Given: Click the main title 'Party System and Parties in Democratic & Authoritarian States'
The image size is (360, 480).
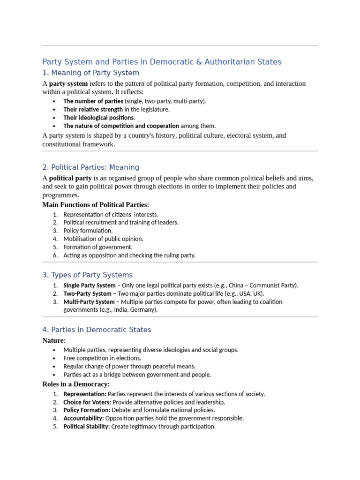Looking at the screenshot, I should click(x=162, y=62).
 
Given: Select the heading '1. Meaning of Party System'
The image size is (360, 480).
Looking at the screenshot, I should click(x=90, y=73).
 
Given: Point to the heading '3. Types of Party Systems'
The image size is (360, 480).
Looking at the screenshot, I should click(x=87, y=275).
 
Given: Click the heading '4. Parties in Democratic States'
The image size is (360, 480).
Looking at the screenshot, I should click(x=97, y=330).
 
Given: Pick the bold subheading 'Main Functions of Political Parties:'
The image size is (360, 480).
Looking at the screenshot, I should click(x=96, y=205).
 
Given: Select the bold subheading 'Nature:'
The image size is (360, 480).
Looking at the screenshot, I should click(x=54, y=340).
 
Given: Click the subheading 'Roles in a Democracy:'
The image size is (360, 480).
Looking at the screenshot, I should click(x=76, y=384).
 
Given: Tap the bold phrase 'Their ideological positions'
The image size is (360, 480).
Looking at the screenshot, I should click(x=98, y=118).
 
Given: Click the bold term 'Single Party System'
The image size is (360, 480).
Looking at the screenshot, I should click(x=89, y=285).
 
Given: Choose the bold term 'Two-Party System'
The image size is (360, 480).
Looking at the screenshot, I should click(x=87, y=293).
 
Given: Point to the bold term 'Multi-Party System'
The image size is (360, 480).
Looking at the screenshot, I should click(x=89, y=302).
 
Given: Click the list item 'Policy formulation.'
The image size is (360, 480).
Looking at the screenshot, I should click(x=88, y=231).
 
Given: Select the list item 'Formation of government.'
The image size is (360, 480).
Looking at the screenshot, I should click(x=98, y=247).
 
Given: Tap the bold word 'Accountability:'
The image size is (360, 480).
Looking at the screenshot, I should click(x=83, y=418).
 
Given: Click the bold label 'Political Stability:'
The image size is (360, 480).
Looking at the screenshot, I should click(x=86, y=427).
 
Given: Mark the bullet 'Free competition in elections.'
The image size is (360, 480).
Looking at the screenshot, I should click(x=102, y=358).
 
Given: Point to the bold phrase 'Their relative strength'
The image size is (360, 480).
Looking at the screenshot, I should click(x=93, y=109).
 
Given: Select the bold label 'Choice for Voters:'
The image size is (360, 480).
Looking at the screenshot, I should click(x=87, y=402).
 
